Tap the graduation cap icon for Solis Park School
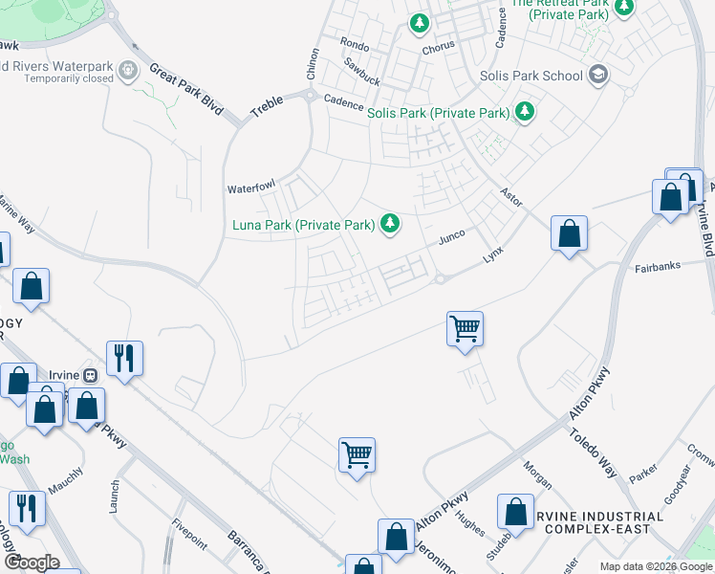598,75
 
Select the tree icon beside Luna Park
389,224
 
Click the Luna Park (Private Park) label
303,226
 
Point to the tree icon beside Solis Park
524,112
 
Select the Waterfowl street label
249,188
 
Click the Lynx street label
492,254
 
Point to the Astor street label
511,194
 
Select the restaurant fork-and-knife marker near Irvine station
124,359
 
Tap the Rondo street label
354,44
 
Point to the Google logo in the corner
32,563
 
